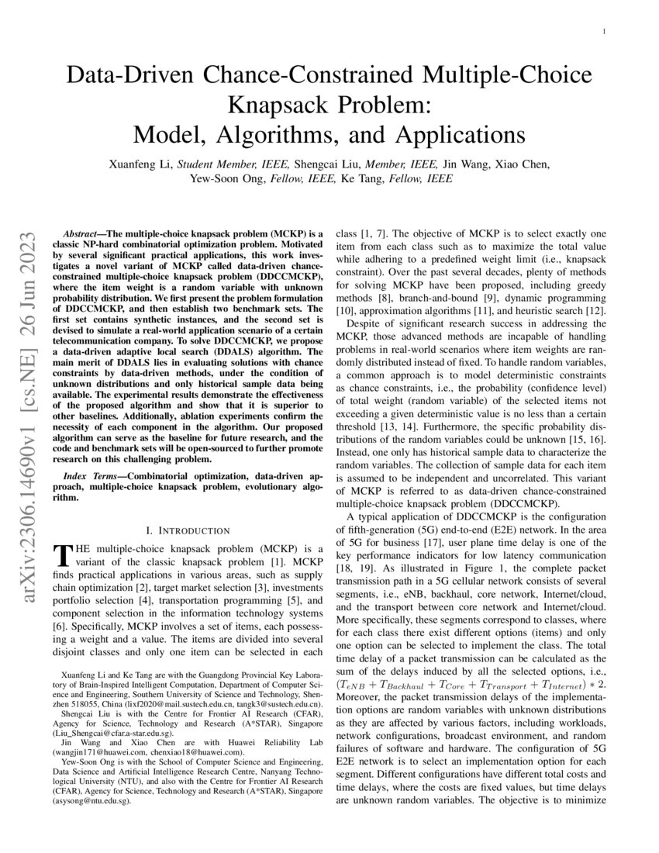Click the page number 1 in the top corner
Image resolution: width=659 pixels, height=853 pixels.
[x=604, y=31]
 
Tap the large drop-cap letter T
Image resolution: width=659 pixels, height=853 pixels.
[x=60, y=555]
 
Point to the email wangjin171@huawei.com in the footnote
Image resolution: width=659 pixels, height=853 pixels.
[x=97, y=751]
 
